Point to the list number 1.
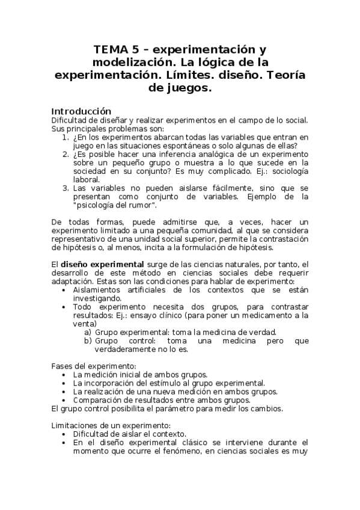(66, 137)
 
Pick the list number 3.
(66, 188)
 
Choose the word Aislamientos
(99, 289)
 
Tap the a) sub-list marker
(88, 332)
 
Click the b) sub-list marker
(88, 340)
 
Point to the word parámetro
(155, 408)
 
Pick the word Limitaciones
(75, 425)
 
